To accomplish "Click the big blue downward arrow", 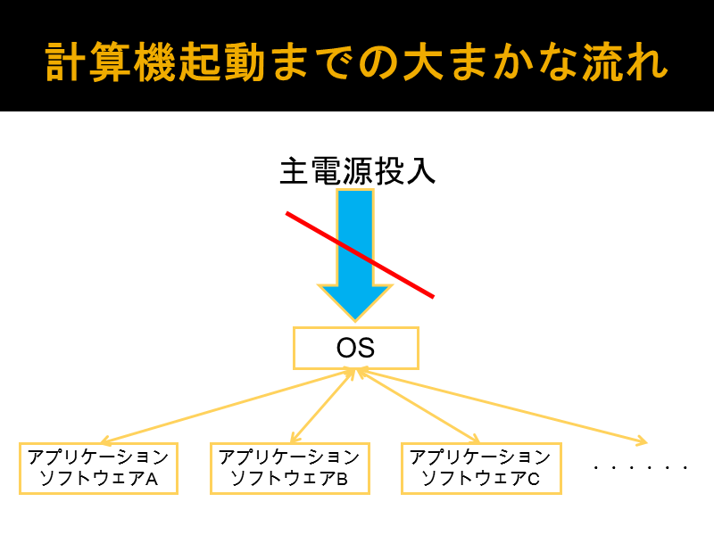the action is [355, 255].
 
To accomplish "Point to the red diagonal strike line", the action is [360, 255].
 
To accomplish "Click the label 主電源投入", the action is [358, 171].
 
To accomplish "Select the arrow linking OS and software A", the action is [228, 406].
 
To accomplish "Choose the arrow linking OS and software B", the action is [323, 406].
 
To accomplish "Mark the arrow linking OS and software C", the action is [418, 406].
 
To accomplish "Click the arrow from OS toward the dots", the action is [502, 406].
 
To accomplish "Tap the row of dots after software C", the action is [640, 467].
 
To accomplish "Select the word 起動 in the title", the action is [221, 62].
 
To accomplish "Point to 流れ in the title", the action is [626, 62].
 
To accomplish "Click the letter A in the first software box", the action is [152, 479].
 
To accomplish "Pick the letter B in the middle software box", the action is [342, 479].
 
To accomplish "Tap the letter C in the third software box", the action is [534, 479].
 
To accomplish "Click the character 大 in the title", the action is [423, 62].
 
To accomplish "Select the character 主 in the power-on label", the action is [295, 171].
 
